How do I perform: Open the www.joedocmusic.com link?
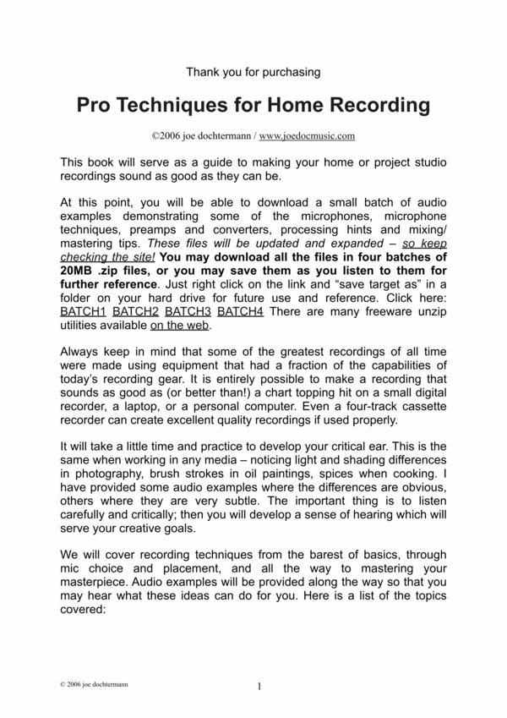coord(307,134)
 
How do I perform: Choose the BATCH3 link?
coord(187,312)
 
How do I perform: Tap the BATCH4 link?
coord(239,312)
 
